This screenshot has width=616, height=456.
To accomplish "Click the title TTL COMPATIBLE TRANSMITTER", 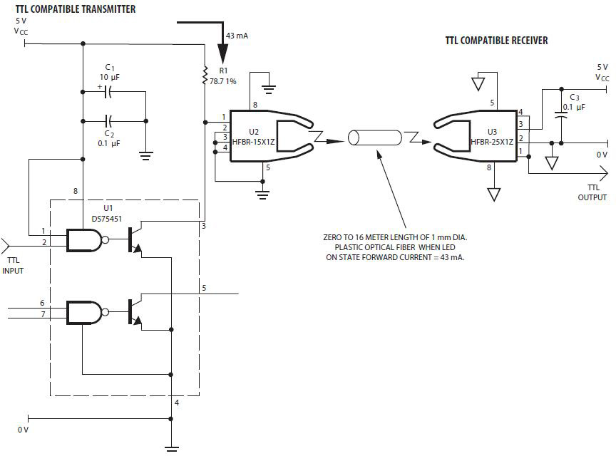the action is [x=76, y=9].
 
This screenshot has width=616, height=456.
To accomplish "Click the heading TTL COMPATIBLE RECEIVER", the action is [x=496, y=41].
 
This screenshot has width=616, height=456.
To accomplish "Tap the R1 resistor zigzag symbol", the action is [x=205, y=75].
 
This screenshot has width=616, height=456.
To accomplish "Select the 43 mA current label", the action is [x=237, y=36].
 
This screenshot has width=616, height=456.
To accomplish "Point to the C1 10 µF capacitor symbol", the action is [x=109, y=92].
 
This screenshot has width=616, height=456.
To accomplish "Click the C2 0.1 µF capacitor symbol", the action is [x=109, y=121].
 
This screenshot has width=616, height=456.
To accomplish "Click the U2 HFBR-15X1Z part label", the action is [x=253, y=137].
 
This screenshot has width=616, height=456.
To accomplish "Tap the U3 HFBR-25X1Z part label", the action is [x=492, y=137].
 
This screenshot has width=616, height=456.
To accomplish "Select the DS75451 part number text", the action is [x=107, y=219].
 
